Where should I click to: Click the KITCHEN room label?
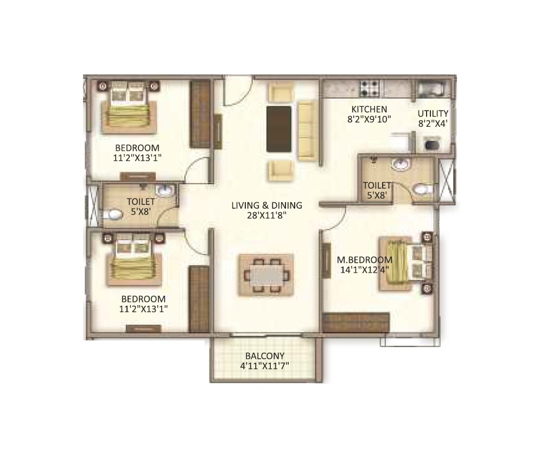point(369,108)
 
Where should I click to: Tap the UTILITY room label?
point(433,113)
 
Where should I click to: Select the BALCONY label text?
point(265,356)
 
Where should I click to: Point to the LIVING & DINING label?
point(266,205)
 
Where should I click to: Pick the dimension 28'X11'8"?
point(266,215)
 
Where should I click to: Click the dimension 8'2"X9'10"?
point(369,118)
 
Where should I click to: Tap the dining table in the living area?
point(266,275)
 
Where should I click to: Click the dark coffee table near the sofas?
point(279,129)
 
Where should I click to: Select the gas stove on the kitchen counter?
point(371,86)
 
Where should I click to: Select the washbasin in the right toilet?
point(401,164)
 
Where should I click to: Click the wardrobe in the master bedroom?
point(356,322)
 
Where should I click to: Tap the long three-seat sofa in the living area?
point(307,130)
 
